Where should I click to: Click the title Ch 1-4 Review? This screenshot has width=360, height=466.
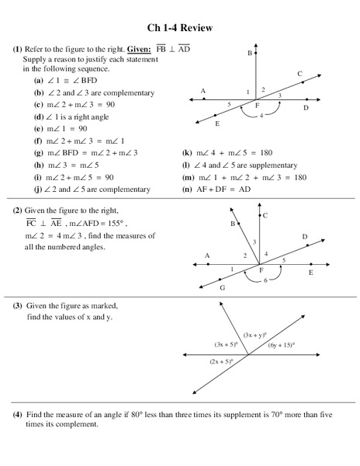[180, 29]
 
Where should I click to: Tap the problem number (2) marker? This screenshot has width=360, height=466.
[17, 210]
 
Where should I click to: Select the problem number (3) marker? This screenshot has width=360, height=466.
[17, 306]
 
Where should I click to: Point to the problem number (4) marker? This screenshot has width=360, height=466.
[17, 416]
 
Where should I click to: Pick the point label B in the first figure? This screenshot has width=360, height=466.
[250, 54]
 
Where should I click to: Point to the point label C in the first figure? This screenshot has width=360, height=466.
[299, 74]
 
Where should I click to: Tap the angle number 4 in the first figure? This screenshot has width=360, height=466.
[261, 116]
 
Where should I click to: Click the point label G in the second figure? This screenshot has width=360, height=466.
[222, 287]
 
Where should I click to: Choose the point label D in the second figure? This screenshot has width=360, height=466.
[304, 236]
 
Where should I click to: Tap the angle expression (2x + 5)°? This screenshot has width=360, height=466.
[223, 363]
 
